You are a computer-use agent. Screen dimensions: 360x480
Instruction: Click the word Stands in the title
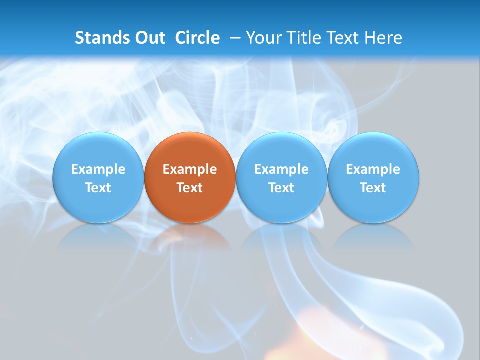[x=102, y=38]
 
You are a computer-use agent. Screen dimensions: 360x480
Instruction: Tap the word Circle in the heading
[x=197, y=38]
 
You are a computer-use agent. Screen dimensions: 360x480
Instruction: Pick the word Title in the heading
[x=303, y=38]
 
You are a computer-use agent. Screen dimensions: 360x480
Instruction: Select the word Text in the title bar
[x=342, y=38]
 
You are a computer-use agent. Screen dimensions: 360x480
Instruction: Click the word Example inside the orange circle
[x=190, y=169]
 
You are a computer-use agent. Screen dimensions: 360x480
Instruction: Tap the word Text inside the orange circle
[x=190, y=188]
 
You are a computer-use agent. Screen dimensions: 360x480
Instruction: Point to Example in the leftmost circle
[x=98, y=169]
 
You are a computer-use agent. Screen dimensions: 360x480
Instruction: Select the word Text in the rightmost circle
[x=373, y=188]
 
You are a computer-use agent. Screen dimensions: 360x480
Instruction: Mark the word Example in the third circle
[x=281, y=169]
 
